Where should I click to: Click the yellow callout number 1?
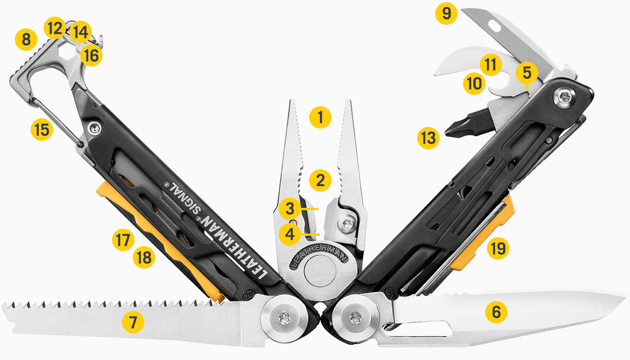point(320,118)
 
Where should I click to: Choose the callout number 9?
point(446,14)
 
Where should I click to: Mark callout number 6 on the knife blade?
point(496,311)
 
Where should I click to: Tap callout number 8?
point(26,40)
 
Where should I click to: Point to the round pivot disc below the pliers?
point(320,273)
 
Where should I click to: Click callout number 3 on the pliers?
point(289,209)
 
